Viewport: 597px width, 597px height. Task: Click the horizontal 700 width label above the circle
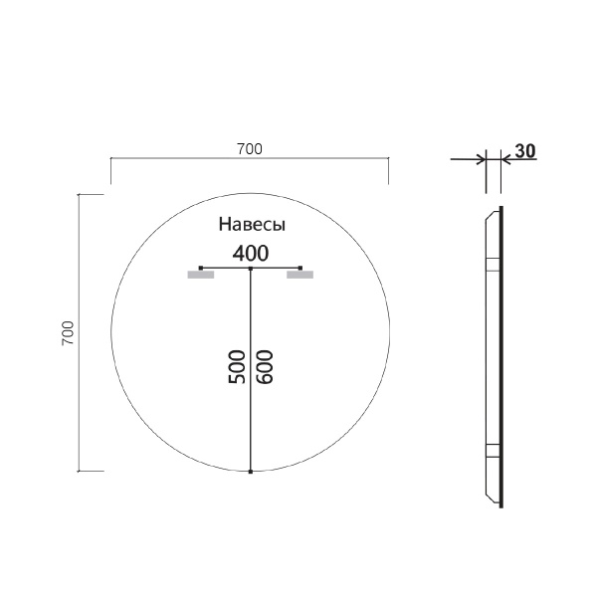(249, 149)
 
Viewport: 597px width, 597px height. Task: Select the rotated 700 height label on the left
(68, 332)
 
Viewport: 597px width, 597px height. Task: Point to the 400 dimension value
(251, 252)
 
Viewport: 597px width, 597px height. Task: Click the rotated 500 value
(238, 366)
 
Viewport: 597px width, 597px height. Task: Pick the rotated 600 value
(264, 366)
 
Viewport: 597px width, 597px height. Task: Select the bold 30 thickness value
(526, 151)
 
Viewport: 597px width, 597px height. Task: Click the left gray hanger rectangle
(201, 276)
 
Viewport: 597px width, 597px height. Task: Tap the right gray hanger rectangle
(300, 276)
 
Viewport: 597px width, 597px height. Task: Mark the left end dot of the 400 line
(201, 269)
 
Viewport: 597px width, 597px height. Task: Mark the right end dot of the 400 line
(300, 269)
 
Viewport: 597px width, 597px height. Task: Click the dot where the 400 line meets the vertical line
(251, 269)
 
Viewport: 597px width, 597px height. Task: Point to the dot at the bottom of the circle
(251, 471)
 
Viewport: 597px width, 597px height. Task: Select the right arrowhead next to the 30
(503, 158)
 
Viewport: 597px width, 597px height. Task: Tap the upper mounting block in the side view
(491, 264)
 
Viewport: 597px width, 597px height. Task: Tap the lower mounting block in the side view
(491, 448)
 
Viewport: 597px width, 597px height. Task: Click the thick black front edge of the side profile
(501, 358)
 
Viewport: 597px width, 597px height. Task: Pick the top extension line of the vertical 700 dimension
(91, 196)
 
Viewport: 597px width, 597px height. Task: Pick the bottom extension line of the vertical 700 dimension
(91, 471)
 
